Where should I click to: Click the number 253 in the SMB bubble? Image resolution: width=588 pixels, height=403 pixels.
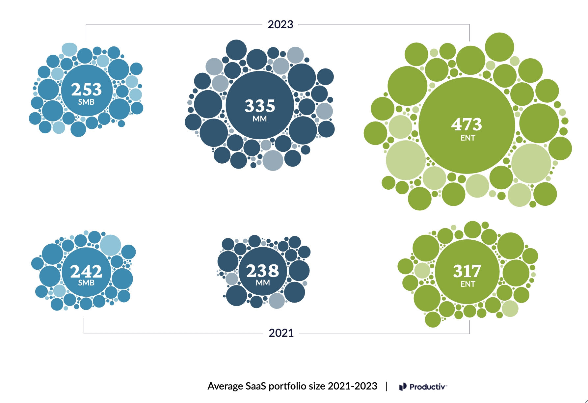pyautogui.click(x=87, y=89)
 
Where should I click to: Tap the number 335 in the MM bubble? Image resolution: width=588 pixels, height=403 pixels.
pyautogui.click(x=260, y=106)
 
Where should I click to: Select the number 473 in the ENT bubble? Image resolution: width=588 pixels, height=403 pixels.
pyautogui.click(x=467, y=124)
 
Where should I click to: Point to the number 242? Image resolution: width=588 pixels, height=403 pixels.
pyautogui.click(x=86, y=271)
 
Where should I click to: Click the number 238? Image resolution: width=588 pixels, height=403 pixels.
pyautogui.click(x=262, y=271)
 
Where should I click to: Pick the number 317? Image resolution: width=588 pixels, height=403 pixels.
pyautogui.click(x=467, y=271)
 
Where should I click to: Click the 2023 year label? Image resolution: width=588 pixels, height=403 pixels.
pyautogui.click(x=280, y=24)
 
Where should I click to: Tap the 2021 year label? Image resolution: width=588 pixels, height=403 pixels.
pyautogui.click(x=281, y=333)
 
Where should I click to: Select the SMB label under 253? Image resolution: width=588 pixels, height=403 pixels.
pyautogui.click(x=86, y=102)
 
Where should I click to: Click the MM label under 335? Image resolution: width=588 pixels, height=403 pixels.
pyautogui.click(x=260, y=119)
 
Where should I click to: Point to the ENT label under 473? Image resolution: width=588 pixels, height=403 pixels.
pyautogui.click(x=468, y=138)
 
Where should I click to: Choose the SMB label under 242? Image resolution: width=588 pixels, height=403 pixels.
pyautogui.click(x=86, y=283)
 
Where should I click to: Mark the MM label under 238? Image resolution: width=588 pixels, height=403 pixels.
pyautogui.click(x=263, y=283)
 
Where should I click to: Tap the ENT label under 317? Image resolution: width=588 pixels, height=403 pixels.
pyautogui.click(x=468, y=284)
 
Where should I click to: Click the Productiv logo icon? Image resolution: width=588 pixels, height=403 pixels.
pyautogui.click(x=403, y=387)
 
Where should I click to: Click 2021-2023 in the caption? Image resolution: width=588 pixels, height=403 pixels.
pyautogui.click(x=352, y=386)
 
